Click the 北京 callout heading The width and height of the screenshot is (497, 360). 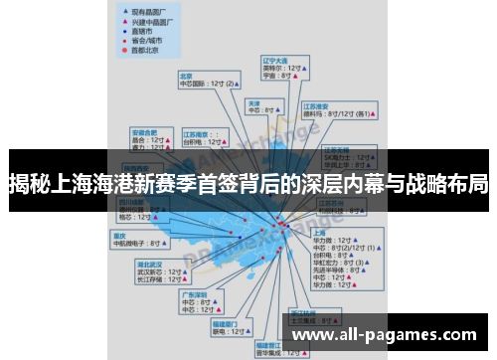186,75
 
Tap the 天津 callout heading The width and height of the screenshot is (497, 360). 254,102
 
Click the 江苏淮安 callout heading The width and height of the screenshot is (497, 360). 319,105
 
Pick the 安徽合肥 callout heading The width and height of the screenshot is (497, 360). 145,130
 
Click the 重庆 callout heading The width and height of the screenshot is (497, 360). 120,235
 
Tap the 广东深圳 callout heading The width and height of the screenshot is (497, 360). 194,294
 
